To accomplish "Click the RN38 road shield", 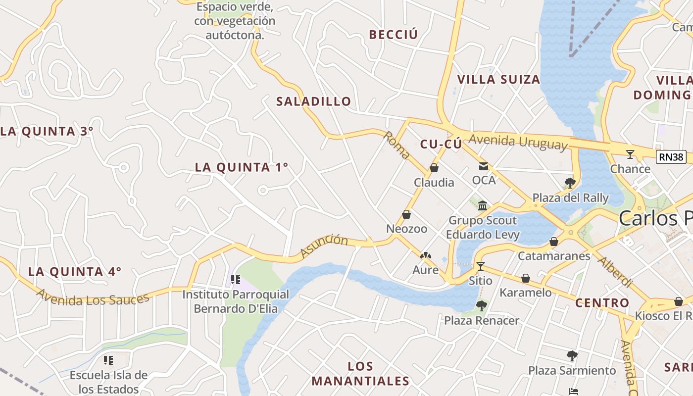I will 671,157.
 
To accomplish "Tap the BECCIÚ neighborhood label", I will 394,35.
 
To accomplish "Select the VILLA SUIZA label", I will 498,79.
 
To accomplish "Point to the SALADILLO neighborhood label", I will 314,101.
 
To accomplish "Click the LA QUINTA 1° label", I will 242,167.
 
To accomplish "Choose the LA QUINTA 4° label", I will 75,271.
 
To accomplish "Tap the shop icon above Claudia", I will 434,168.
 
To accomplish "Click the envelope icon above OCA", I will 483,166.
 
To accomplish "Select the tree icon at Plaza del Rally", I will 570,183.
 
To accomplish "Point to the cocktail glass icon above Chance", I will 630,154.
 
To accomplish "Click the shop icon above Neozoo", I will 406,215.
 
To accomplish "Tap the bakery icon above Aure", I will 425,255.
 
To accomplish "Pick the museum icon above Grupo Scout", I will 483,205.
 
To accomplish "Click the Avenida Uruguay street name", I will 518,142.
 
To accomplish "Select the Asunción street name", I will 324,247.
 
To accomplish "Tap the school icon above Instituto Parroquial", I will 236,280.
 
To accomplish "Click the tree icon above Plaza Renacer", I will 482,306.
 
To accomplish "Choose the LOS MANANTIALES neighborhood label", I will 361,374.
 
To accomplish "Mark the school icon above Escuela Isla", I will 108,360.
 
